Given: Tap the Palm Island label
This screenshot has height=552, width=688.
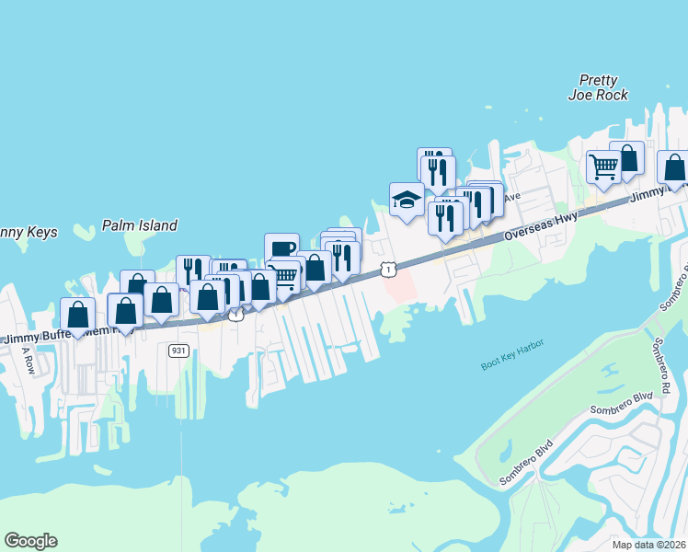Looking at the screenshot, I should coord(140,225).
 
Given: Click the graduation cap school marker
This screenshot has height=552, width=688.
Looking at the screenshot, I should coord(407,200).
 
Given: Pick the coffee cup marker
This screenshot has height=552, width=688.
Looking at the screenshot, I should coord(281,249).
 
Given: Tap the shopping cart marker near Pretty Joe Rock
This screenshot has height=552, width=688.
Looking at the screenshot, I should coord(603,168).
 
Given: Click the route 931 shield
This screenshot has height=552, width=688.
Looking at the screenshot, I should coord(178,351).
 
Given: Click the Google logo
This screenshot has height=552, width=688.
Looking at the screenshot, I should coord(30,541).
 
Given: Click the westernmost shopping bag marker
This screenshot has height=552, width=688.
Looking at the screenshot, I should coord(78,315).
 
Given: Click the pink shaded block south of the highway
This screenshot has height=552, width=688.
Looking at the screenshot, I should coord(400,286).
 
